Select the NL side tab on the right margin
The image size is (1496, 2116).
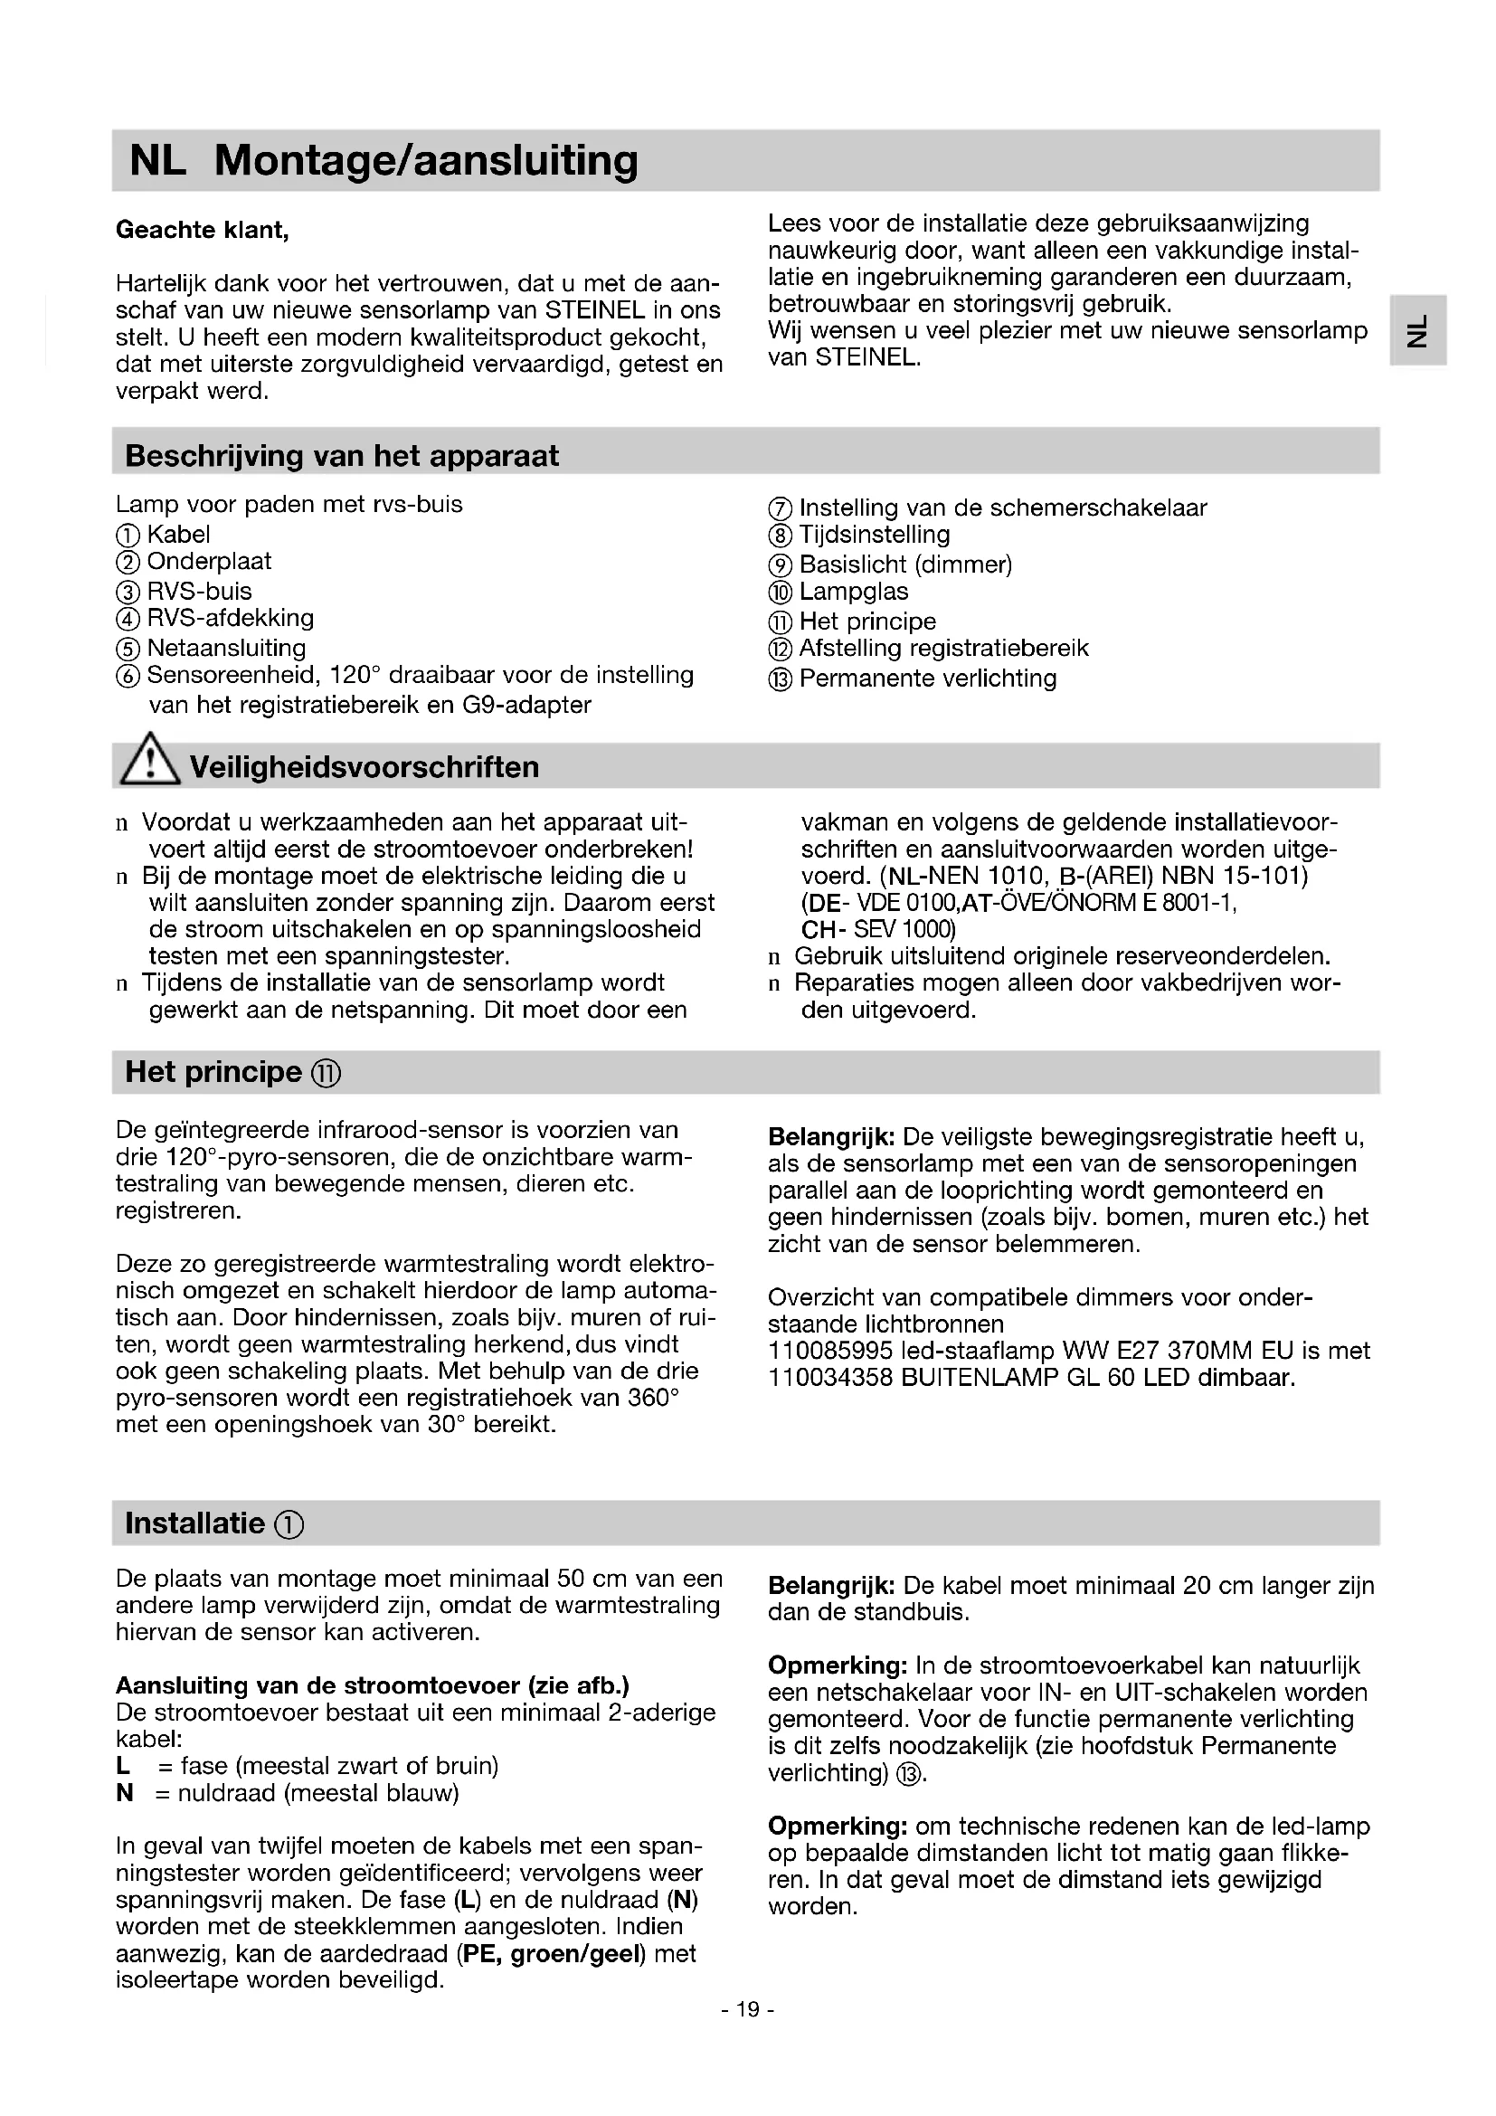[x=1417, y=330]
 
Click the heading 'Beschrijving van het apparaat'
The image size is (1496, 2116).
[x=342, y=456]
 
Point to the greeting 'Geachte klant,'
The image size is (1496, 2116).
[x=203, y=230]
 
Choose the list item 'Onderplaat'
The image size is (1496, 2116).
[x=209, y=561]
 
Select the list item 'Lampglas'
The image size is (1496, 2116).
[x=853, y=592]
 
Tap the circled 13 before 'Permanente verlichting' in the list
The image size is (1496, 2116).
[x=780, y=679]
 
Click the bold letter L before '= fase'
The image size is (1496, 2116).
[x=122, y=1766]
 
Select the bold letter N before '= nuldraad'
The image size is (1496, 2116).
[x=124, y=1792]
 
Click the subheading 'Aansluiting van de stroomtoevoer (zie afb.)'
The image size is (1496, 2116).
[x=372, y=1685]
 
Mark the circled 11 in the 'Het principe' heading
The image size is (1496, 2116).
[x=327, y=1074]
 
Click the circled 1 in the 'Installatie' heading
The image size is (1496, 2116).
[x=289, y=1525]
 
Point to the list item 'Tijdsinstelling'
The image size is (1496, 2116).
[x=875, y=535]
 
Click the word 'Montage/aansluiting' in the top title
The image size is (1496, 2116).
[x=426, y=160]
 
